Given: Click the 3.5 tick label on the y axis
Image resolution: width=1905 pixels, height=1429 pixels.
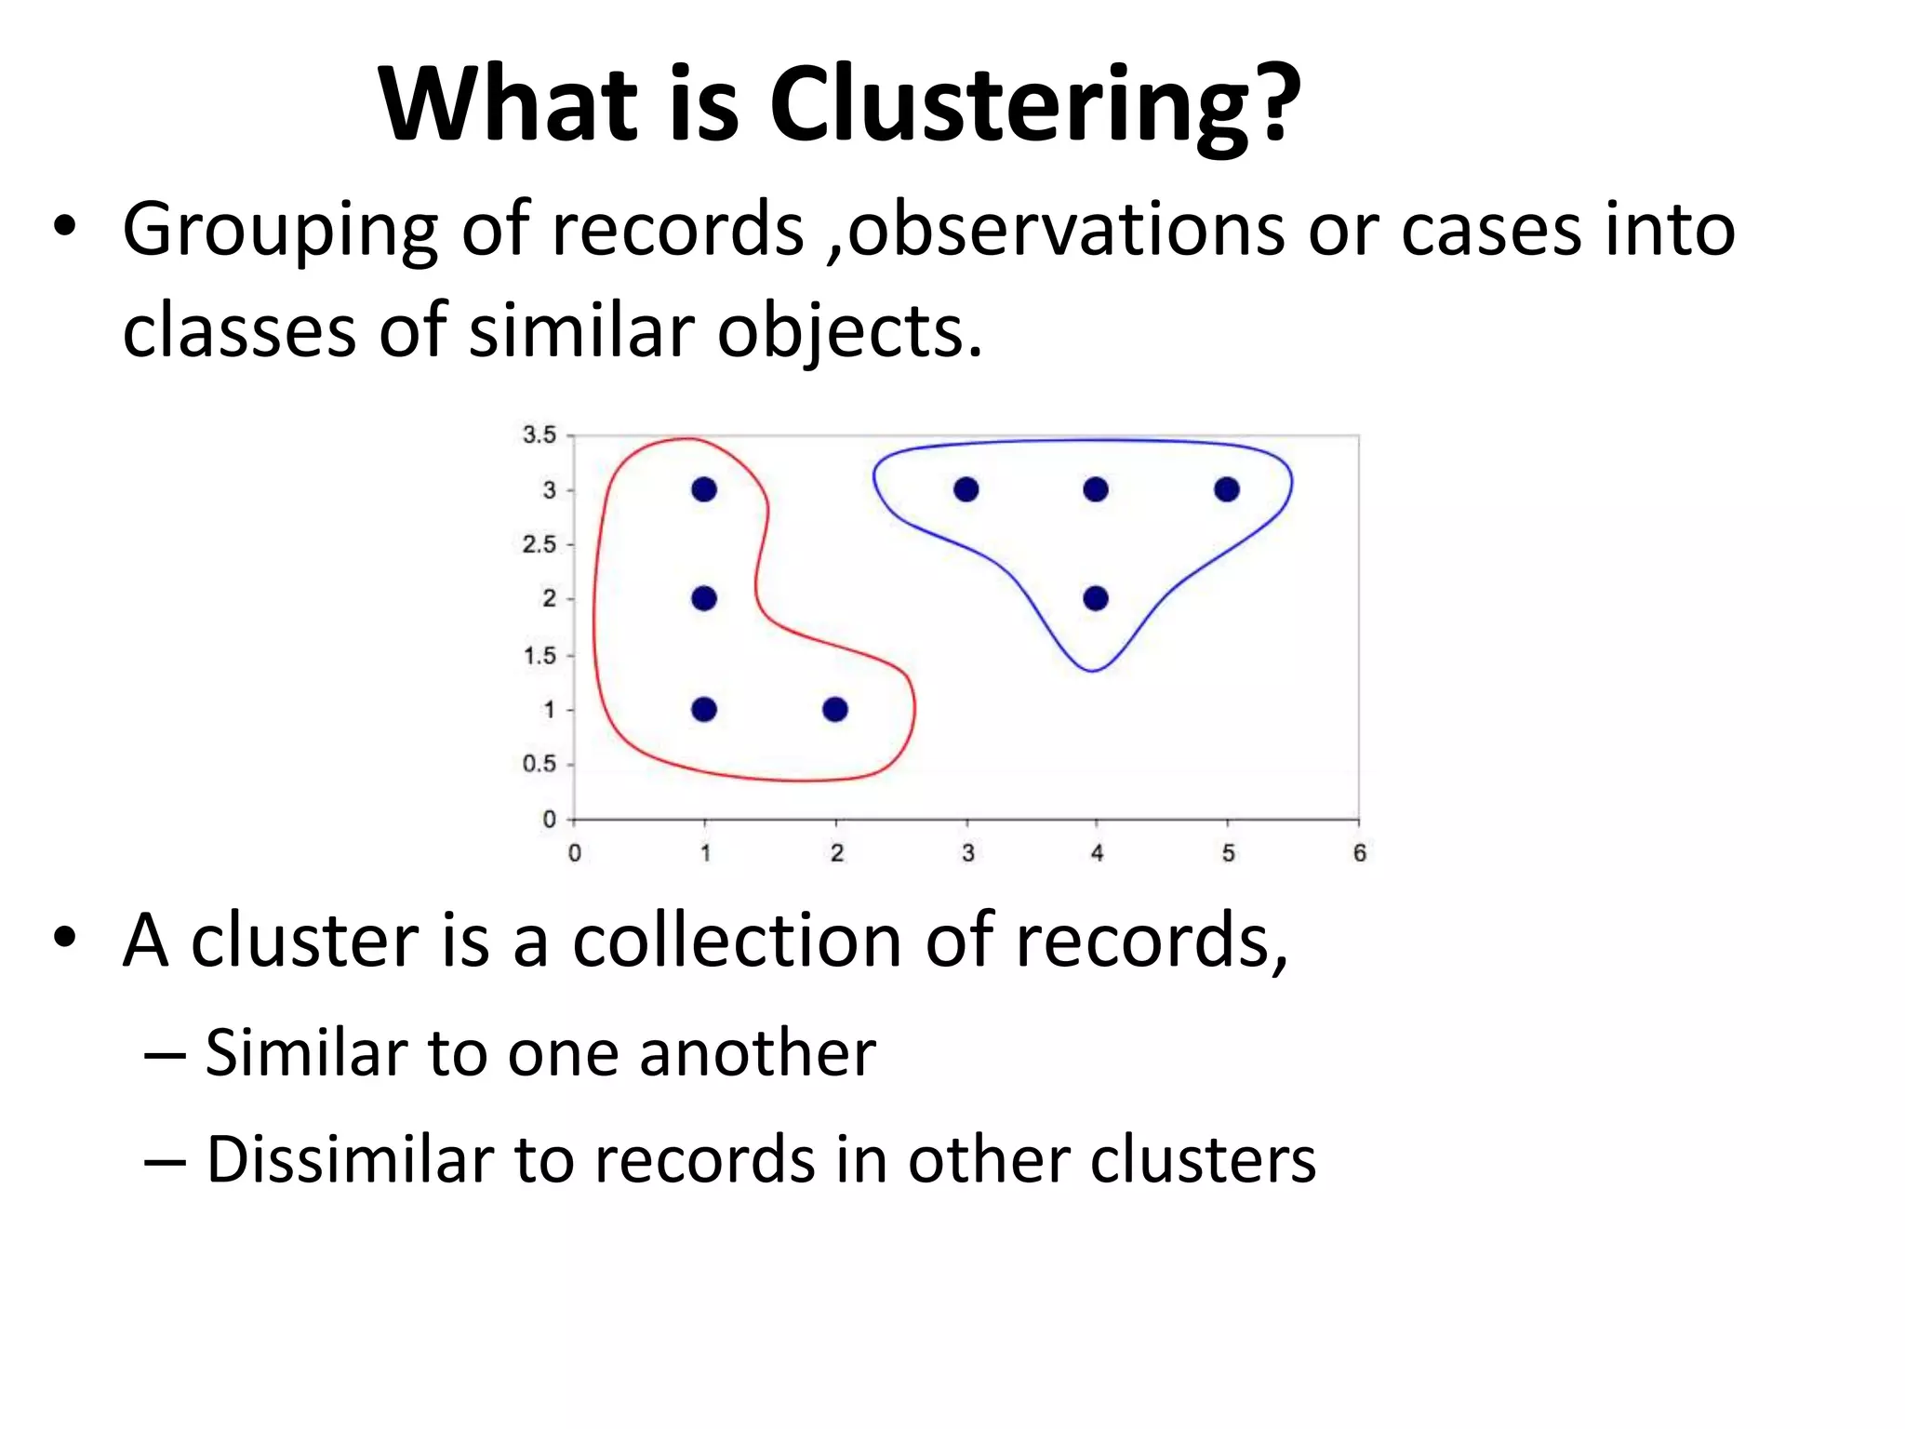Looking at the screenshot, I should coord(539,434).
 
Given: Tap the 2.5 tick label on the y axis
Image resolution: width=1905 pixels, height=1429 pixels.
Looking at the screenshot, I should coord(539,544).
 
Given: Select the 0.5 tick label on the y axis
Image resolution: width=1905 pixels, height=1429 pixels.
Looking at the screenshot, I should coord(539,764).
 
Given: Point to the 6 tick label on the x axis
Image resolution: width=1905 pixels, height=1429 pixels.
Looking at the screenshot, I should coord(1359,852).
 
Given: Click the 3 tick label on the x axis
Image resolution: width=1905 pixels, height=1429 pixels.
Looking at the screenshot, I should coord(967,852).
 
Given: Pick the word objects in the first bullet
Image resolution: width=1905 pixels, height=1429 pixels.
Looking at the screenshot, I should coord(849,332).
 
